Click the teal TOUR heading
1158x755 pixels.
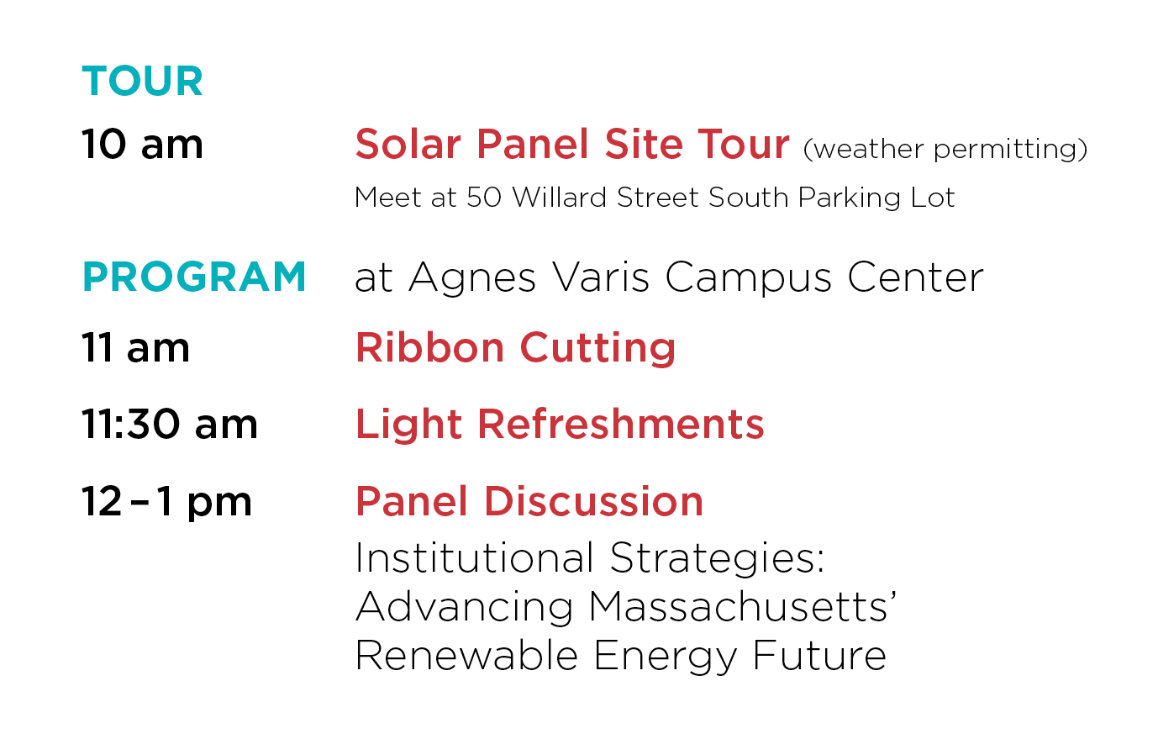coord(142,82)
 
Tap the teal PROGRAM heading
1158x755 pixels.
coord(194,277)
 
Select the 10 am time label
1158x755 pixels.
coord(142,144)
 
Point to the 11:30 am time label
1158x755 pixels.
coord(170,424)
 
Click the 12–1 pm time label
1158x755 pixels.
coord(166,502)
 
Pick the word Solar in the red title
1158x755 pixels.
coord(408,144)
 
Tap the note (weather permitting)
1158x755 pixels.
coord(945,150)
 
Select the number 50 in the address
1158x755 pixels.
coord(484,198)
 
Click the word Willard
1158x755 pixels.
coord(560,197)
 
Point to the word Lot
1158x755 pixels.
coord(933,198)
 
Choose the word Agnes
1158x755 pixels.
coord(472,278)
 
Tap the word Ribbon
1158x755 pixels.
coord(430,347)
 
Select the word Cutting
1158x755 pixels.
coord(597,348)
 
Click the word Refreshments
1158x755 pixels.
coord(621,424)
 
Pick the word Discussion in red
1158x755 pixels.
coord(593,502)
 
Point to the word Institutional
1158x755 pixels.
coord(475,558)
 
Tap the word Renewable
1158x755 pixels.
coord(467,655)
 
